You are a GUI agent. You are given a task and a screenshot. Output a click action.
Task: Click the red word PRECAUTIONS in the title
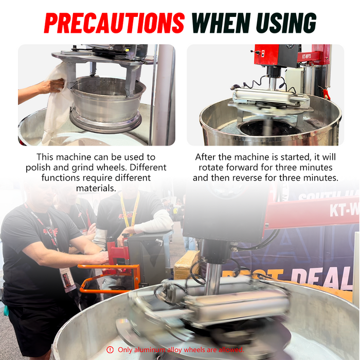114,23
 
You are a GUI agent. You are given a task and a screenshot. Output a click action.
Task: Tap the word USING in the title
282,23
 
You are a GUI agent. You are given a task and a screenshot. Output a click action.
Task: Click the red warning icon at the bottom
110,350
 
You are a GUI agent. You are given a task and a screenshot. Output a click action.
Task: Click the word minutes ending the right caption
320,178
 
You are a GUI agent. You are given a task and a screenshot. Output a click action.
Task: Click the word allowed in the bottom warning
231,350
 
